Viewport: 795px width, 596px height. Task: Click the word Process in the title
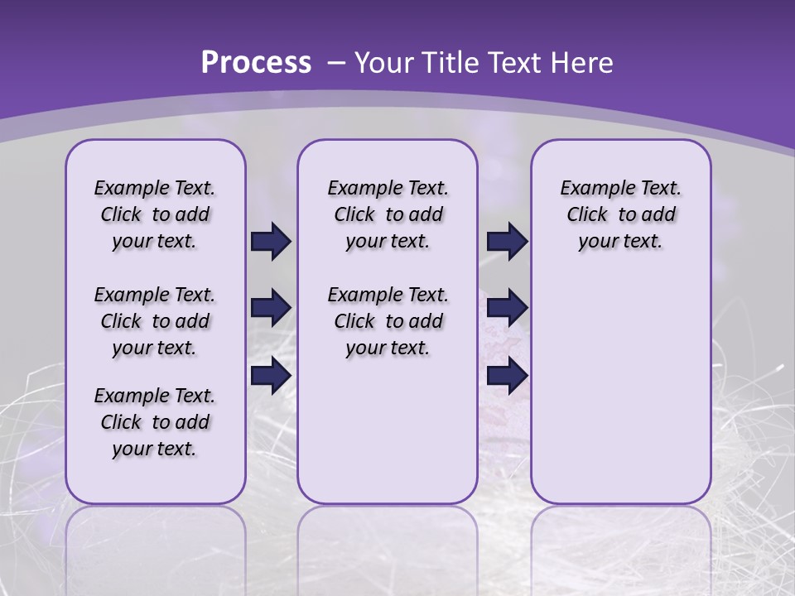pos(256,62)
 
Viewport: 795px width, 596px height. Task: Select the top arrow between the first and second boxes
pos(271,242)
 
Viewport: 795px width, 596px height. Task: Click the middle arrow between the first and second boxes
pos(271,308)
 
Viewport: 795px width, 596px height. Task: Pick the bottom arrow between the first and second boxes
pos(271,375)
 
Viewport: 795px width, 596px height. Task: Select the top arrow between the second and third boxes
pos(507,242)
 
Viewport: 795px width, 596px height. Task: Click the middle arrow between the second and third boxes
pos(507,308)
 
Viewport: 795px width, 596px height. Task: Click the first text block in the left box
pos(155,214)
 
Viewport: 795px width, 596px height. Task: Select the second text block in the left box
pos(155,321)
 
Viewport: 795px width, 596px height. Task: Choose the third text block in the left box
pos(155,422)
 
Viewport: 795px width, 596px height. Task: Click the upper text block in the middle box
pos(388,214)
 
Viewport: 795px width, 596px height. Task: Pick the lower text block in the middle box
pos(388,321)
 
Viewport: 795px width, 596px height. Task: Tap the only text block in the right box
pos(620,214)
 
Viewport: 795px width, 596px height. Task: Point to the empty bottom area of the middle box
pos(388,430)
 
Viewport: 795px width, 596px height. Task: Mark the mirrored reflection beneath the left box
pos(155,538)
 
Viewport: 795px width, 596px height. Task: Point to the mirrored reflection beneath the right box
pos(620,538)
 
